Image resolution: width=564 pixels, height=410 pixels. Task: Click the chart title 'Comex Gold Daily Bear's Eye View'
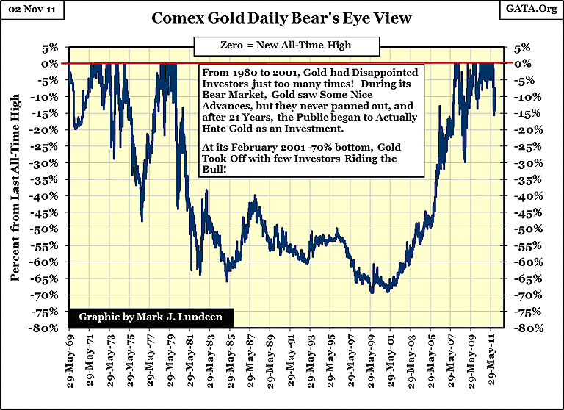[x=281, y=18]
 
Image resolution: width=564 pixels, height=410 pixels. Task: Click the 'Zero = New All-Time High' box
[x=286, y=46]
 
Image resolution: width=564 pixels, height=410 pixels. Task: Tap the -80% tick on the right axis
[x=524, y=328]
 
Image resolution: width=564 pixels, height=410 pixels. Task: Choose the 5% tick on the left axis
[x=51, y=47]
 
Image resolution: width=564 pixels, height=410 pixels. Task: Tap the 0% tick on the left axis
[x=51, y=63]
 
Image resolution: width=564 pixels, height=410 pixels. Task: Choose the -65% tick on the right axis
[x=524, y=279]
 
